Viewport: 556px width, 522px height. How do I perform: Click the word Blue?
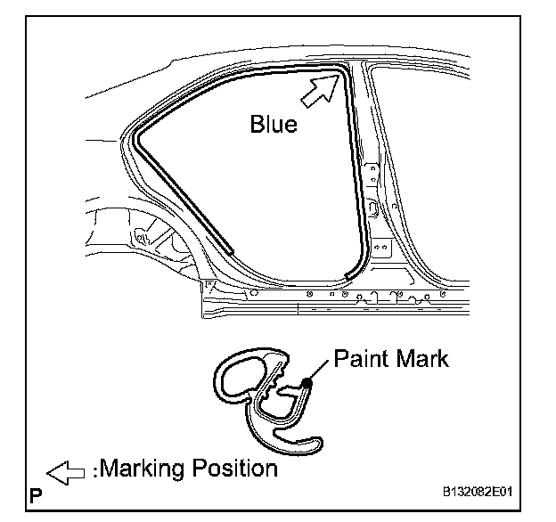(274, 125)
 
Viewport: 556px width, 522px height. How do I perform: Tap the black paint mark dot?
(306, 382)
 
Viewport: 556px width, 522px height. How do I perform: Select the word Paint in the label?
(359, 360)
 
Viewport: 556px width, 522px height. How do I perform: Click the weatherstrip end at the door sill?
(347, 273)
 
